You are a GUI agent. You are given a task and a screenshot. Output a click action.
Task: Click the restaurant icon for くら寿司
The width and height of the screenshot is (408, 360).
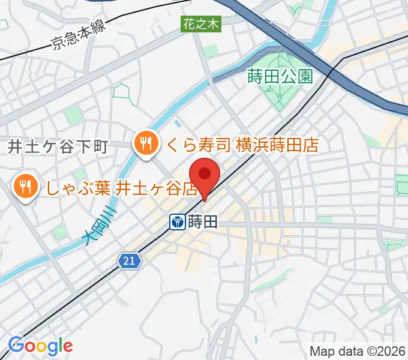146,144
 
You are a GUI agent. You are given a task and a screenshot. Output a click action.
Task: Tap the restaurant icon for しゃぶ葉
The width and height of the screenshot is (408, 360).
25,187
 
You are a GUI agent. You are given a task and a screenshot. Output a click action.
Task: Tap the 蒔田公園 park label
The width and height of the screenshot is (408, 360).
280,76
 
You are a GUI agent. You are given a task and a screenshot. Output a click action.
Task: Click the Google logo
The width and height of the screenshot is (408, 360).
40,346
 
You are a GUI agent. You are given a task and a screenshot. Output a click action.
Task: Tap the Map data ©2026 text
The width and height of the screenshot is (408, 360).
356,351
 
